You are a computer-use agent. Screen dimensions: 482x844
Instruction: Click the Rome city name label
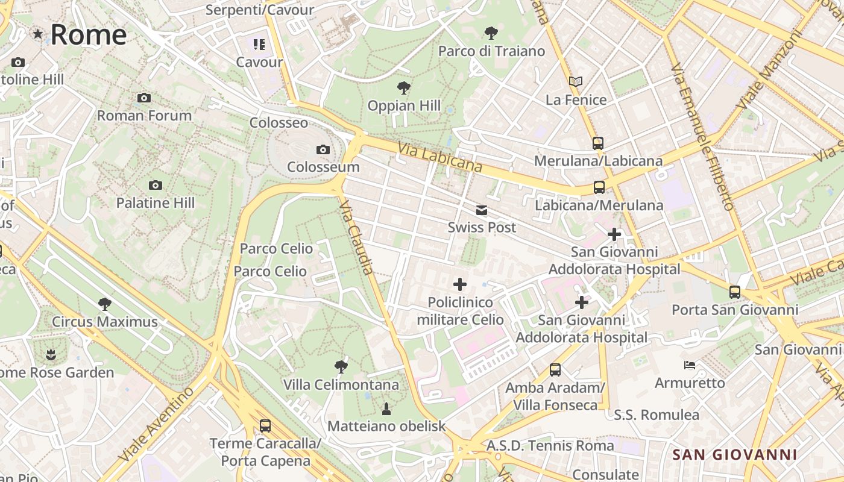89,35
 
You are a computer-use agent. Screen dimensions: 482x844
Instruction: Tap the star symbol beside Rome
38,34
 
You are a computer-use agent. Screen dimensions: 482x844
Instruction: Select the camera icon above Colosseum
323,149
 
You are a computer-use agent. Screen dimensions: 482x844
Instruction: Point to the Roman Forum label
144,115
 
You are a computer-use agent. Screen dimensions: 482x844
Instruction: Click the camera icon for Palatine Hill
156,185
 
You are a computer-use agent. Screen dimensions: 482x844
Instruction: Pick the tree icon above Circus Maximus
105,304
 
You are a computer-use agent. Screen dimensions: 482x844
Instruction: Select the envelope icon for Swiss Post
482,210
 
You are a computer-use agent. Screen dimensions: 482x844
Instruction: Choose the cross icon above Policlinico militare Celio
460,284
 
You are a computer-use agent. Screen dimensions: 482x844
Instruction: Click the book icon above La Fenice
576,81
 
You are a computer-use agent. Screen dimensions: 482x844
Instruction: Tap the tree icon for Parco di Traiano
491,33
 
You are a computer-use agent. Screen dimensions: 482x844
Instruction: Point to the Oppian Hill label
405,105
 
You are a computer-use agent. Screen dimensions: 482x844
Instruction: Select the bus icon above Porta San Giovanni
735,292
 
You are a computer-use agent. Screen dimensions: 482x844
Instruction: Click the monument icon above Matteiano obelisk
386,409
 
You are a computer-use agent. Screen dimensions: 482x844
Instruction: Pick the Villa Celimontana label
341,384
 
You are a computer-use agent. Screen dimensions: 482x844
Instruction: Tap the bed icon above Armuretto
690,365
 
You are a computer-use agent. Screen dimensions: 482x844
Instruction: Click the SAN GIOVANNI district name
734,454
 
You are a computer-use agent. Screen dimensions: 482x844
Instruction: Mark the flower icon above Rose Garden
51,354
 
